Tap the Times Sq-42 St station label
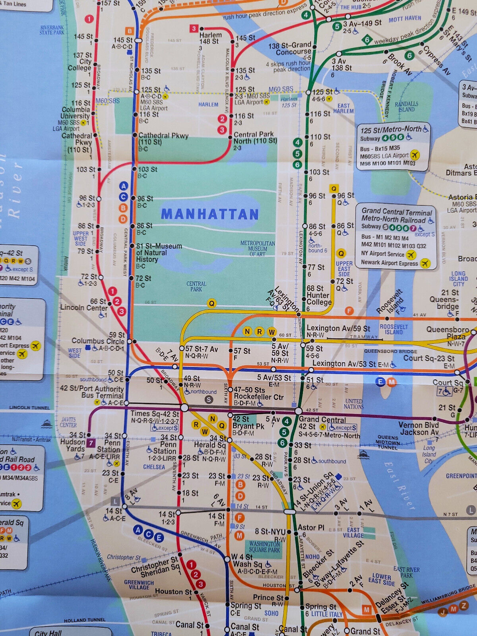point(155,414)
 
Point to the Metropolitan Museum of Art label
point(258,248)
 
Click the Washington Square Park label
point(264,547)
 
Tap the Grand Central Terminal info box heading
point(397,216)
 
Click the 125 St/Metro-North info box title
point(391,130)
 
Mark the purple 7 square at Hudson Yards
point(91,443)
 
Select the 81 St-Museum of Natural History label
point(159,253)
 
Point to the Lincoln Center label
point(84,308)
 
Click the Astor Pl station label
point(311,527)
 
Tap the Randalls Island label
point(406,107)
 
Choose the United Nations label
point(353,404)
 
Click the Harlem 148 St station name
point(209,38)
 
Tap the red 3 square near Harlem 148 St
point(194,29)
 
